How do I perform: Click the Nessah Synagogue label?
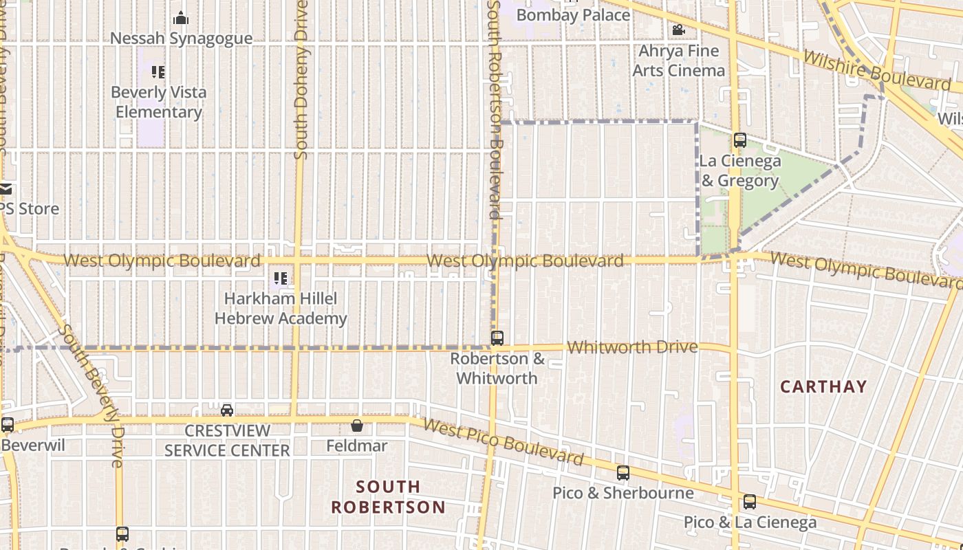tap(181, 38)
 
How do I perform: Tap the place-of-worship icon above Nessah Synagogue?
tap(181, 18)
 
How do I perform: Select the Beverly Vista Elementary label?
tap(158, 102)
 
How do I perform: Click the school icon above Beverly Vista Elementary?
tap(158, 71)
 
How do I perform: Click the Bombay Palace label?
tap(573, 14)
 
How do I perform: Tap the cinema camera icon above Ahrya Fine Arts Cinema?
tap(678, 30)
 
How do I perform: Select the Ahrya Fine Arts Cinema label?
tap(678, 60)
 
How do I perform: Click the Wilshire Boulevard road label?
tap(876, 70)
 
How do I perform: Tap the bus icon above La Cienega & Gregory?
tap(740, 140)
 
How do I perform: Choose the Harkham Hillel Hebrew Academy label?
tap(281, 309)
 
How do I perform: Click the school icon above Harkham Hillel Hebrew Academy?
tap(281, 278)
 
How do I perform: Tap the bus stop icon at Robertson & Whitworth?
tap(497, 338)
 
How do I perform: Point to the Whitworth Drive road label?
tap(632, 347)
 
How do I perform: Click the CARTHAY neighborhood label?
tap(823, 386)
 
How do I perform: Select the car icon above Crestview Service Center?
tap(227, 410)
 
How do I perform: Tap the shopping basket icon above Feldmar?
tap(356, 426)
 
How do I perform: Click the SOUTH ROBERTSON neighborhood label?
tap(389, 497)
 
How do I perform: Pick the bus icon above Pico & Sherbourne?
tap(623, 473)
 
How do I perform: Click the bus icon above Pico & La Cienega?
tap(750, 502)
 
